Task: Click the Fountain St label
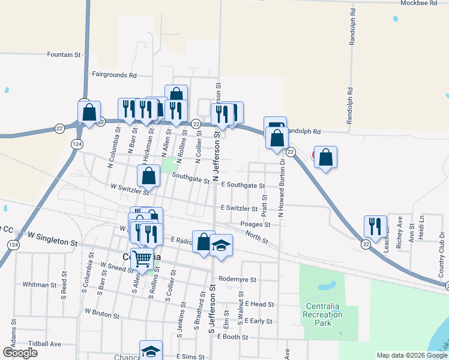click(64, 55)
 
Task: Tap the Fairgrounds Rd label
click(114, 76)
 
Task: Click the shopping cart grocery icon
click(142, 259)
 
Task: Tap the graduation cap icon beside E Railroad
click(221, 245)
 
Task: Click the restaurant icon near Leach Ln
click(375, 226)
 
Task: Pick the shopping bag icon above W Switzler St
click(148, 175)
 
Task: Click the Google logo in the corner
click(20, 353)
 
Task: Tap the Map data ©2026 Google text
click(411, 355)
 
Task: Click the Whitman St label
click(38, 284)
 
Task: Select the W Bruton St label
click(102, 312)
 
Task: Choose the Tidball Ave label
click(49, 344)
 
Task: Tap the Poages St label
click(256, 224)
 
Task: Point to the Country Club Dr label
click(441, 252)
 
